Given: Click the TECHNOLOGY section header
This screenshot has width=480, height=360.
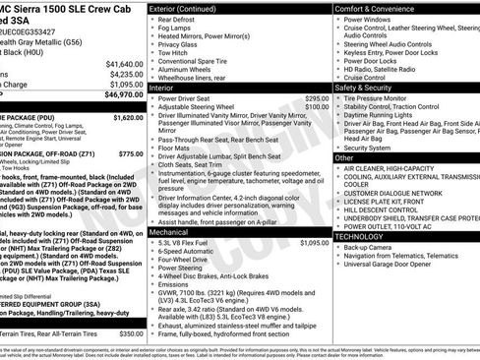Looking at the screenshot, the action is [x=367, y=236].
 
